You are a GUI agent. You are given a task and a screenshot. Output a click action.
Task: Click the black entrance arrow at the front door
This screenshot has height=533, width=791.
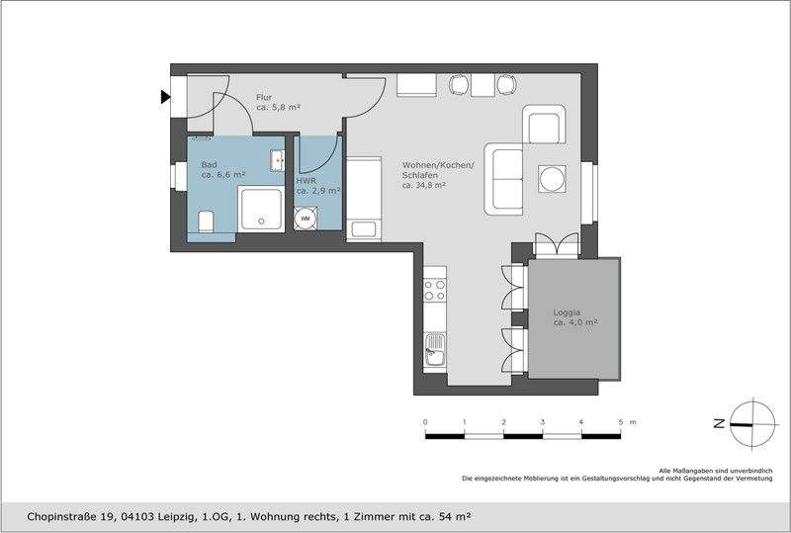164,97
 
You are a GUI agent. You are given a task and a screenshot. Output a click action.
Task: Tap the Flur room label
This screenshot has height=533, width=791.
264,97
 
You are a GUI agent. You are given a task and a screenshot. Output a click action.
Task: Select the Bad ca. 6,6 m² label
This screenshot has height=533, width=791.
223,169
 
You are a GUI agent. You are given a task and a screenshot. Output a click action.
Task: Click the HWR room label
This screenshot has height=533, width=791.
306,182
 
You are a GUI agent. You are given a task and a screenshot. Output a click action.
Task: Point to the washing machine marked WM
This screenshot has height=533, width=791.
307,218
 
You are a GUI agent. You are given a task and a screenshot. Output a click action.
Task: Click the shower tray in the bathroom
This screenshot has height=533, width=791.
262,209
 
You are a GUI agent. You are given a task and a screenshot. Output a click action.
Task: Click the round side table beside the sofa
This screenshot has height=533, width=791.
552,179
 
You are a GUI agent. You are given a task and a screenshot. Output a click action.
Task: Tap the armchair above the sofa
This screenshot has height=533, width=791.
545,125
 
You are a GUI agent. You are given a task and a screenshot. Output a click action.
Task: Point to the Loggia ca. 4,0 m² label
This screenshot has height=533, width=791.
574,316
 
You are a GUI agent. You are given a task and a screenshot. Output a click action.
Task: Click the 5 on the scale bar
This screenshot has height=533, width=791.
621,422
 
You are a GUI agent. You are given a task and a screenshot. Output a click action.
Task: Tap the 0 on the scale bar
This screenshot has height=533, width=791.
425,422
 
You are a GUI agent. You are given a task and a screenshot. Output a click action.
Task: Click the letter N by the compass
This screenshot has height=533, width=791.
718,422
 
